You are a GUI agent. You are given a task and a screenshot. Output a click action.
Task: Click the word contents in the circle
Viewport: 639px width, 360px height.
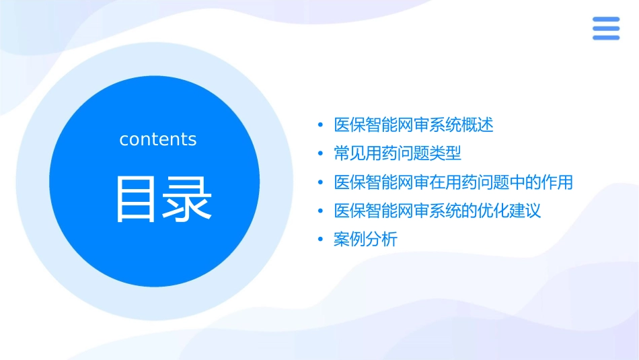coord(158,139)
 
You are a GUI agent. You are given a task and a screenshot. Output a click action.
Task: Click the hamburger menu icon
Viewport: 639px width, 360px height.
coord(605,29)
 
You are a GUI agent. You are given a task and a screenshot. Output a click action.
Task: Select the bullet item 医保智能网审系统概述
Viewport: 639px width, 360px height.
coord(414,125)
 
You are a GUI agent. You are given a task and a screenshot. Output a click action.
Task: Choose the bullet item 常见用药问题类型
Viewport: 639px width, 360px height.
coord(398,153)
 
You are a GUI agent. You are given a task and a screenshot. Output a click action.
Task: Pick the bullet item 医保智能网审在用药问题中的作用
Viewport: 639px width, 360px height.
coord(453,182)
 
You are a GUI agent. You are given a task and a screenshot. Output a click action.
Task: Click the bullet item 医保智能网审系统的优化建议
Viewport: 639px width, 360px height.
coord(437,211)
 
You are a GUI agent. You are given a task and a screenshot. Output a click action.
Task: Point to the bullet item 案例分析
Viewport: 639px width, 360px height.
coord(365,240)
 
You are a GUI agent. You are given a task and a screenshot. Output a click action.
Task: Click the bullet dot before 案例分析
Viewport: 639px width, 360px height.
coord(320,240)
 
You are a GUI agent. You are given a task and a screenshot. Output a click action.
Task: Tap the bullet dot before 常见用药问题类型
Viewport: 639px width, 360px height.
coord(320,154)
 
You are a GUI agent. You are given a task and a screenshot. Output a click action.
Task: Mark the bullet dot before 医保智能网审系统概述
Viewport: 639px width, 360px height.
coord(320,126)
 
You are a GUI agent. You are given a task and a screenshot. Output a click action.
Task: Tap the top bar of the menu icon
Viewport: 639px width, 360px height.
coord(605,20)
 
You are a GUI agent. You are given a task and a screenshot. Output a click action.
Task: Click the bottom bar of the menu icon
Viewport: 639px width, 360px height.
coord(605,38)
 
